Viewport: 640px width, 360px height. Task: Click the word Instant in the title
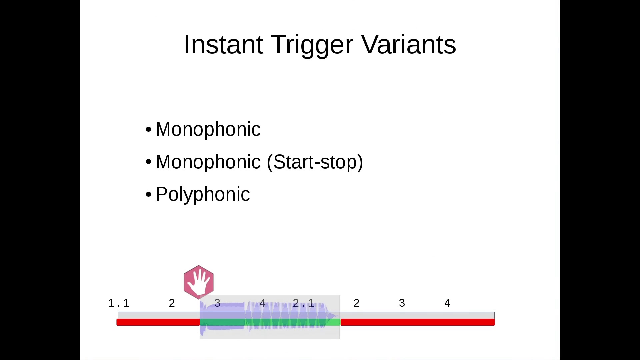[223, 44]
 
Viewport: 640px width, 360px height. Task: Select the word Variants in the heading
[409, 44]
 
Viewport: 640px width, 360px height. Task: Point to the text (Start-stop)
[315, 162]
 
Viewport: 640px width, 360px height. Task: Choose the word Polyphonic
[203, 195]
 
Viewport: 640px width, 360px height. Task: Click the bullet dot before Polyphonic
[149, 194]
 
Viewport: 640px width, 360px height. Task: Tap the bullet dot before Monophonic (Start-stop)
[149, 162]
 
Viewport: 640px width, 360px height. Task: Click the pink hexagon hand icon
[199, 282]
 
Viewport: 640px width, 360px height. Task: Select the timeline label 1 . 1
[119, 303]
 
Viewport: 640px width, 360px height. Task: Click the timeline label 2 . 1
[303, 303]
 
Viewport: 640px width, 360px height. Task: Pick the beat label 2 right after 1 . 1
[172, 303]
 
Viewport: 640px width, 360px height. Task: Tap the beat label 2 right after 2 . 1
[356, 303]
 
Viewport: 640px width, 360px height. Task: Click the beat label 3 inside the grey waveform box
[217, 303]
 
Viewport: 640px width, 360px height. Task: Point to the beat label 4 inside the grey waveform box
[263, 303]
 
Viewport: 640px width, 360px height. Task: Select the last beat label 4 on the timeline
[447, 303]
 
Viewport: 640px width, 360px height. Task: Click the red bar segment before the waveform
[158, 322]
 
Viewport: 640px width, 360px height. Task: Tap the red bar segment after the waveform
[418, 322]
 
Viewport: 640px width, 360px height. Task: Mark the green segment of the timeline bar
[270, 322]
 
